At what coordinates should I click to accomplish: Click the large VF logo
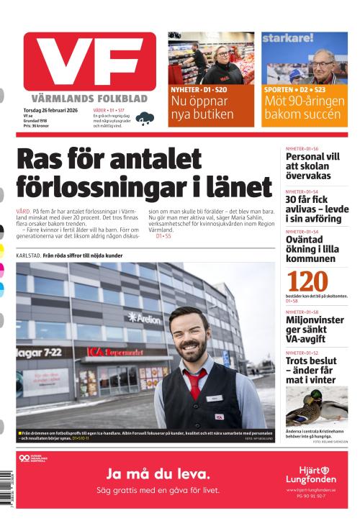[x=89, y=62]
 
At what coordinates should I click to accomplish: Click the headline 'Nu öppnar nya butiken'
[x=202, y=107]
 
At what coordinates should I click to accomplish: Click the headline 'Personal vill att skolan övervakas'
[x=313, y=166]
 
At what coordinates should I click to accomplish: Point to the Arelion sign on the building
[x=144, y=317]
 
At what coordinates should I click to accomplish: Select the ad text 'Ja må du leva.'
[x=158, y=474]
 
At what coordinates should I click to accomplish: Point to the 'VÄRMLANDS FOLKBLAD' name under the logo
[x=89, y=98]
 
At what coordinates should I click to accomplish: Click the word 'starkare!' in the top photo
[x=287, y=38]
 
